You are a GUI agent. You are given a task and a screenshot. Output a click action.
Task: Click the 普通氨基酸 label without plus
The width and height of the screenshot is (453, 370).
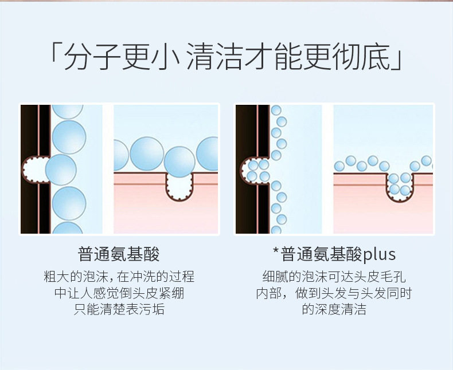119,254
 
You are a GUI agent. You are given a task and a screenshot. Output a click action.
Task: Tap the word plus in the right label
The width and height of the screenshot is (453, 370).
380,254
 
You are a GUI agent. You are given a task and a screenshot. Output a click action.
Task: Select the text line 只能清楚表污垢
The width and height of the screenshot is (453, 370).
119,310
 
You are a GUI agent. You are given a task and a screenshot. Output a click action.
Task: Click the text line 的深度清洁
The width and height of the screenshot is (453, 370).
334,310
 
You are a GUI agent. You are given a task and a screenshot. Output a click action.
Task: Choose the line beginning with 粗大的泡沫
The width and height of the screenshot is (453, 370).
119,277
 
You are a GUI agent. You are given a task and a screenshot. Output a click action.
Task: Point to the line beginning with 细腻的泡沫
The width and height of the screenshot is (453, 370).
334,277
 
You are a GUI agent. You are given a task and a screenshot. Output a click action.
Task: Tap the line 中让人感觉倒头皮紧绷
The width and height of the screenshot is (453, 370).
119,294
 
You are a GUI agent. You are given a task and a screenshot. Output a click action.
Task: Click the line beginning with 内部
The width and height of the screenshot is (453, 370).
334,294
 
